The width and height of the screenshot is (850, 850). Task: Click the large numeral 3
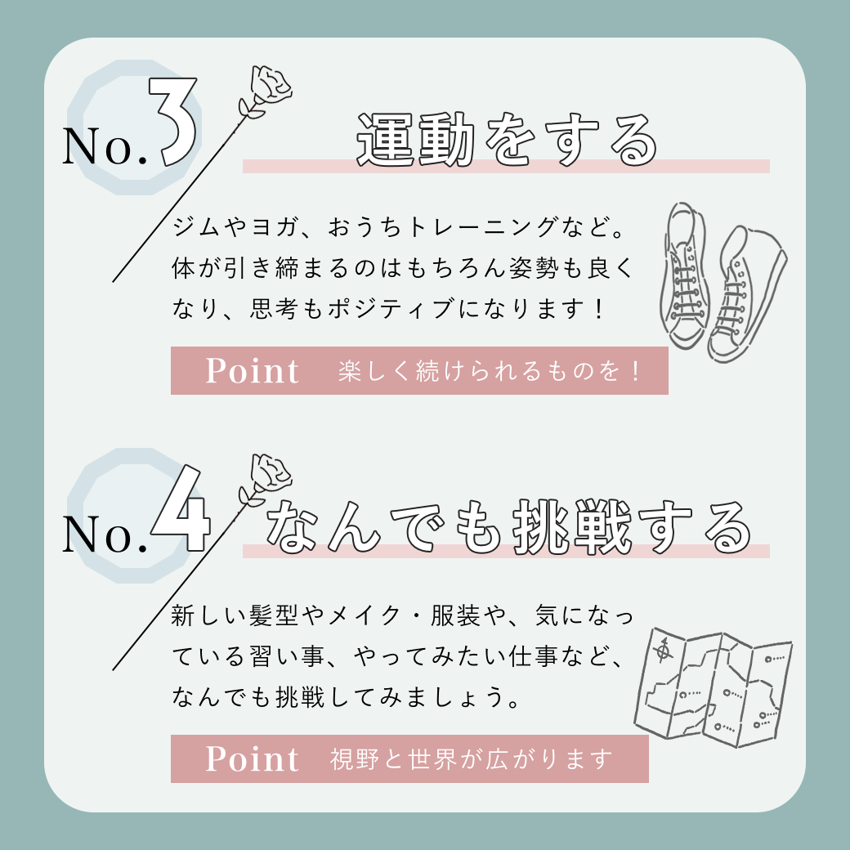[x=172, y=122]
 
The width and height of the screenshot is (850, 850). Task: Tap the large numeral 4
[x=181, y=509]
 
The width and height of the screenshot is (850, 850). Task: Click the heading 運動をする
[x=507, y=140]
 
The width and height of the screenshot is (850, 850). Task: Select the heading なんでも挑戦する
[x=508, y=527]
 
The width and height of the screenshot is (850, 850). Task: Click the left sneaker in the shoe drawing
[x=684, y=275]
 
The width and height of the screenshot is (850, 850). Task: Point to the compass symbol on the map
[x=663, y=650]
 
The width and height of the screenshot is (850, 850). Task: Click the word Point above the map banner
[x=252, y=371]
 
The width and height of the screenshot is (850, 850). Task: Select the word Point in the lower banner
[x=252, y=758]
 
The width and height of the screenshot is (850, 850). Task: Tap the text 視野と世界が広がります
[x=472, y=759]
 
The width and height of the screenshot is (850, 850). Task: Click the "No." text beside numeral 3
[x=105, y=145]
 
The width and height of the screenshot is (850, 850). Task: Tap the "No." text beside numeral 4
[x=105, y=534]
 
